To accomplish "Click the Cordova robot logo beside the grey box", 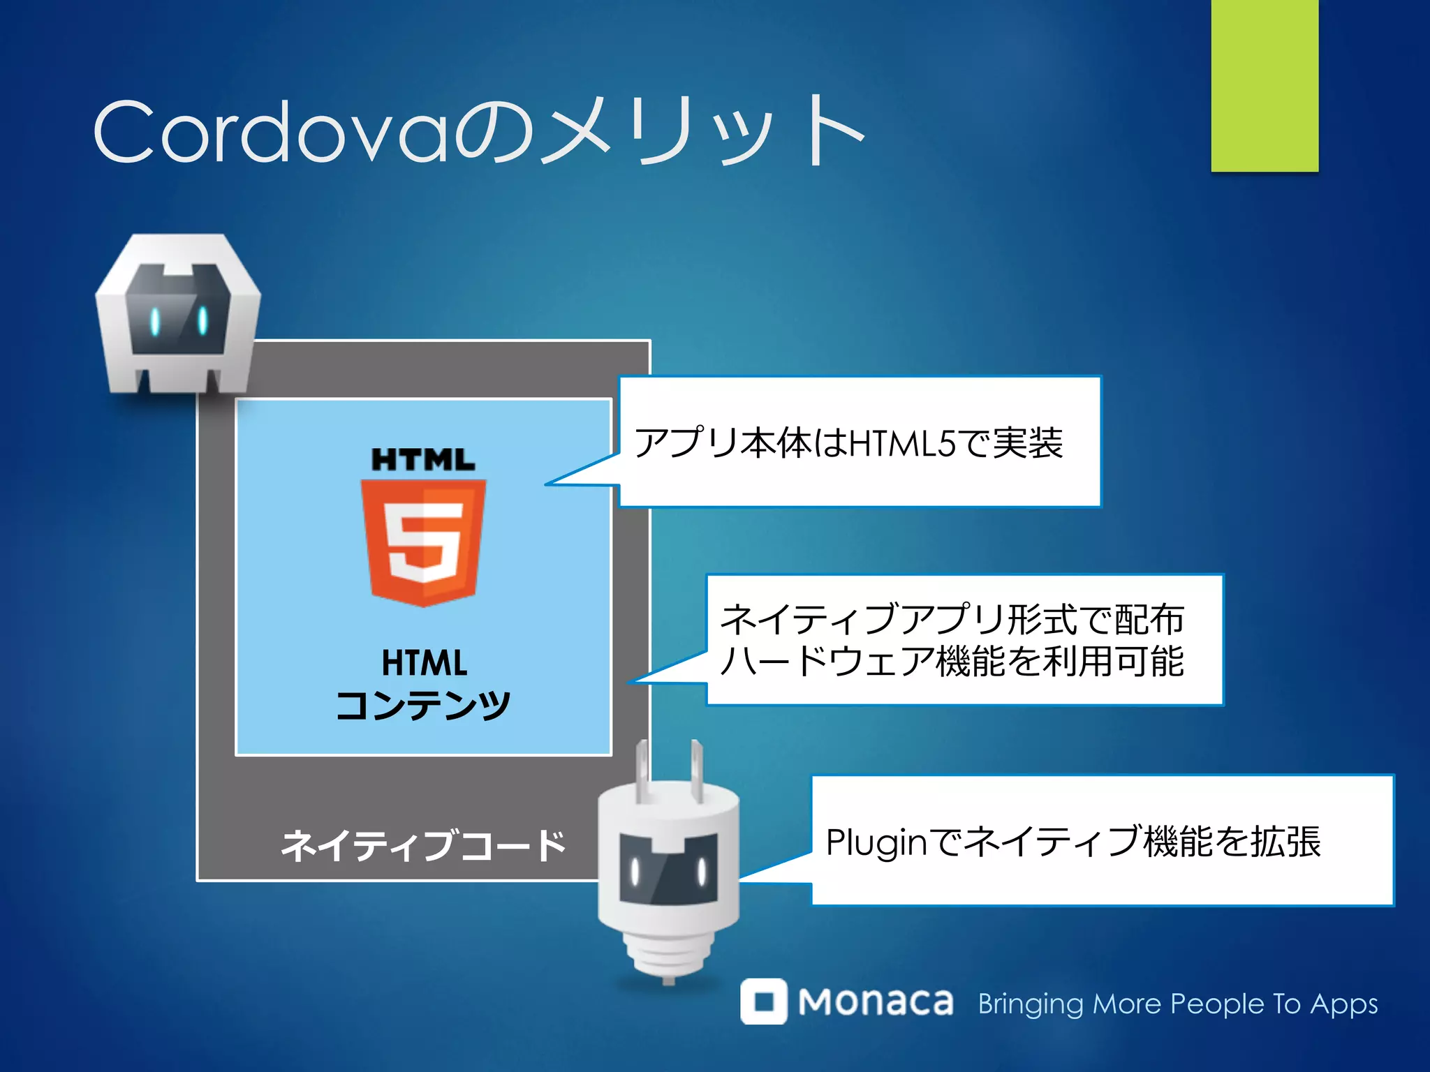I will click(x=178, y=314).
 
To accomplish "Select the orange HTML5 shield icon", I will click(x=423, y=541).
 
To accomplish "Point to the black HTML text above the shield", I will click(x=423, y=460).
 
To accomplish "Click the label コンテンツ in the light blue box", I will click(x=423, y=705).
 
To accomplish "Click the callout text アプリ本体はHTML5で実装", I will click(x=848, y=442).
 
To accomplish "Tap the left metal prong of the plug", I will click(x=642, y=771).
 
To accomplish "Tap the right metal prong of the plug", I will click(x=696, y=771).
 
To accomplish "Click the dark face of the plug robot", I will click(x=668, y=869).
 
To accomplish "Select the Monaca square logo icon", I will click(x=764, y=1002).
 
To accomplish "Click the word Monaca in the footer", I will click(x=876, y=1002).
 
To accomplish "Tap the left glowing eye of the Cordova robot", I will click(x=155, y=320).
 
